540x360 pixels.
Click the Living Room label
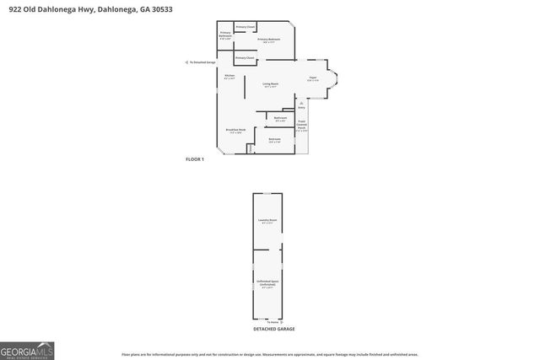[x=269, y=83]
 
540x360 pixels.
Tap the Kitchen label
[x=229, y=77]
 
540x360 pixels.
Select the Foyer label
[x=312, y=78]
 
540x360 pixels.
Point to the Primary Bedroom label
[x=269, y=40]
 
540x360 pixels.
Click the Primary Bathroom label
[x=225, y=36]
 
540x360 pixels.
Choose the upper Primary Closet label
[x=246, y=27]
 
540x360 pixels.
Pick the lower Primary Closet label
[x=245, y=57]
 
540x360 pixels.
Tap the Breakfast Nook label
[x=235, y=131]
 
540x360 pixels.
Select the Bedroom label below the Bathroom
[x=274, y=140]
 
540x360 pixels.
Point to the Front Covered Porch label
[x=301, y=126]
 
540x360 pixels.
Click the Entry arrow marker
[x=301, y=106]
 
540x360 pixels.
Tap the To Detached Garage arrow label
[x=201, y=62]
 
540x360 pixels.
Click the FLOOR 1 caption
[x=195, y=159]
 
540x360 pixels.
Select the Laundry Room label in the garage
[x=267, y=222]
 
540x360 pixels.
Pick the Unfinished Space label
[x=267, y=285]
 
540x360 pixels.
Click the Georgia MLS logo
[x=27, y=349]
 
